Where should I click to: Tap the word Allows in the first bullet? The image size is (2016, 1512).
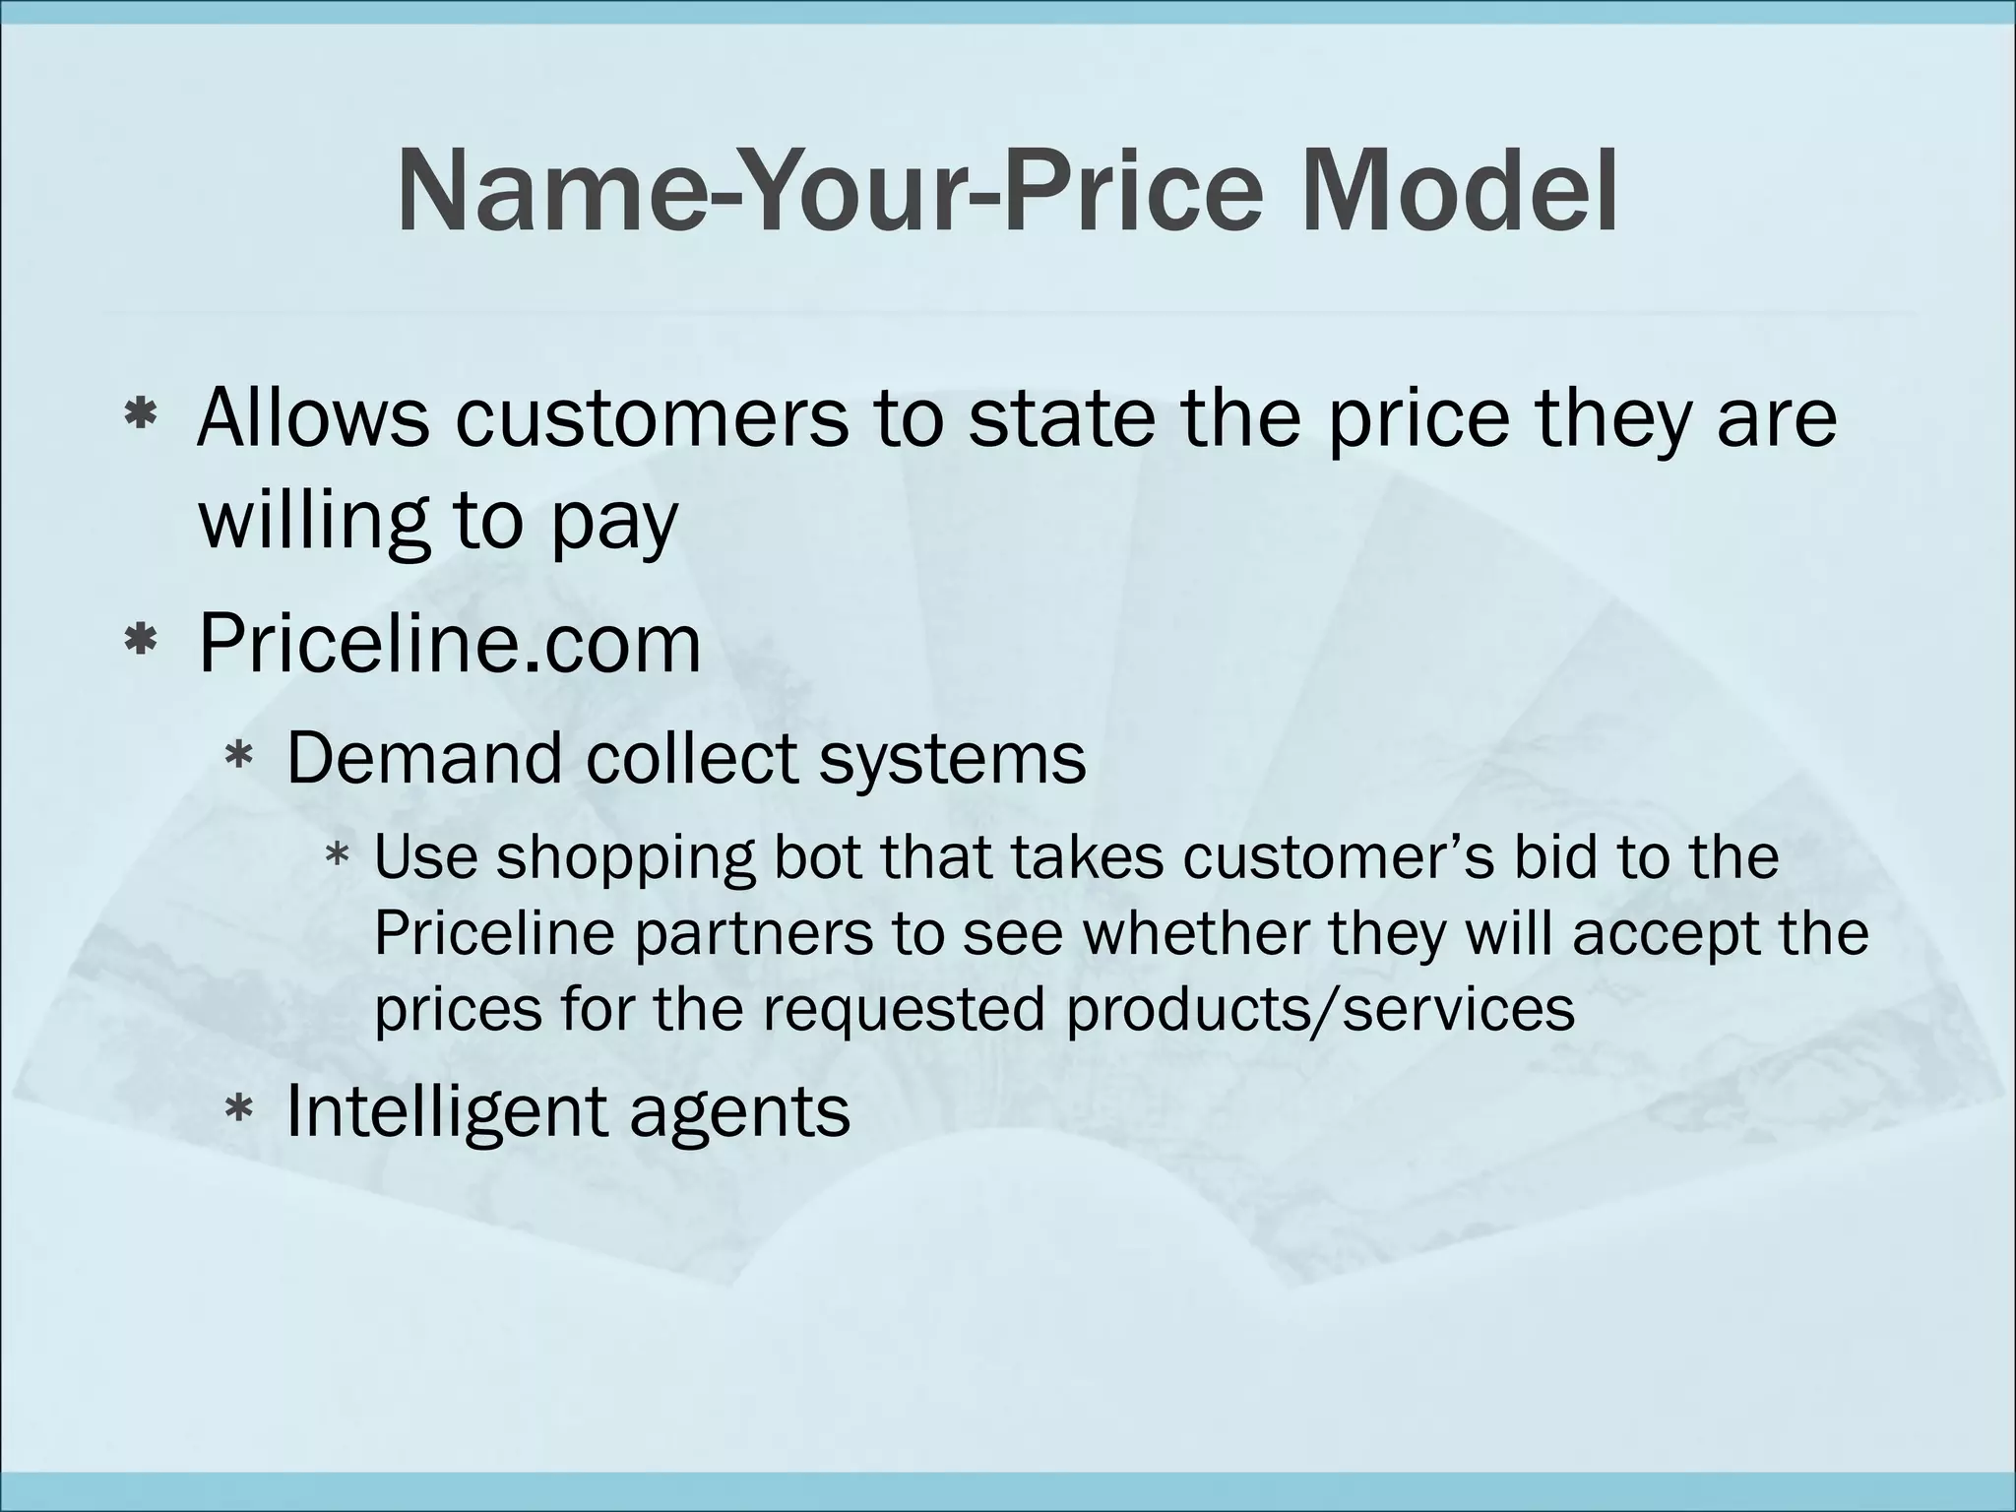click(x=313, y=417)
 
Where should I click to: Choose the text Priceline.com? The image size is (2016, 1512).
click(x=450, y=644)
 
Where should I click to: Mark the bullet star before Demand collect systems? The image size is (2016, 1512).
click(x=239, y=757)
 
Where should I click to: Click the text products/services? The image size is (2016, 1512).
click(x=1321, y=1010)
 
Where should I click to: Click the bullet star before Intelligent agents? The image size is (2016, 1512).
click(x=239, y=1110)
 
